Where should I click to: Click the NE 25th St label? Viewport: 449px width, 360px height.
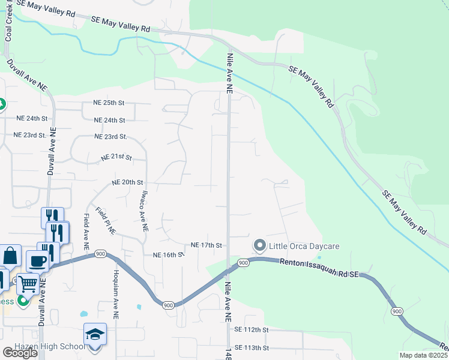pyautogui.click(x=109, y=103)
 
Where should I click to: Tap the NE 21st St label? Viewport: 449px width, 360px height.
pyautogui.click(x=116, y=157)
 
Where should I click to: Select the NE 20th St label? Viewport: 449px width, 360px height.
pyautogui.click(x=128, y=182)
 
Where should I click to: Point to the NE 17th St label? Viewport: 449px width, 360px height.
pyautogui.click(x=206, y=245)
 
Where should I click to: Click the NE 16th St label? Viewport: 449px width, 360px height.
pyautogui.click(x=167, y=255)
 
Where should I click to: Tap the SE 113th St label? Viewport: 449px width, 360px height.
pyautogui.click(x=250, y=347)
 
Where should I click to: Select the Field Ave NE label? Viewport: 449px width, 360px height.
pyautogui.click(x=86, y=232)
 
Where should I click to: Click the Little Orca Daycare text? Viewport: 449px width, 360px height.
pyautogui.click(x=304, y=246)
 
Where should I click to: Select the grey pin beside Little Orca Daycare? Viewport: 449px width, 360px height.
pyautogui.click(x=259, y=245)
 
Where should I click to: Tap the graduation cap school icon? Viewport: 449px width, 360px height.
pyautogui.click(x=95, y=334)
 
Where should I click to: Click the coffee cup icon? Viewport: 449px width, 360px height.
pyautogui.click(x=37, y=262)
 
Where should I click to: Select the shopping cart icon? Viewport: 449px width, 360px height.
pyautogui.click(x=27, y=283)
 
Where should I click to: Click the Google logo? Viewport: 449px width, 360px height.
pyautogui.click(x=20, y=353)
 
